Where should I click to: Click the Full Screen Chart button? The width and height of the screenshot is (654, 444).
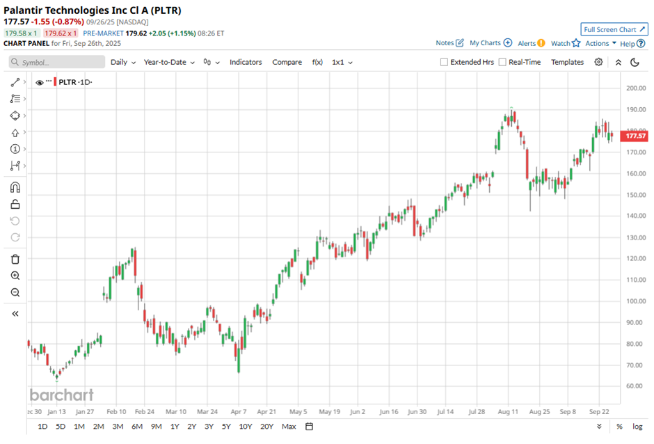(614, 29)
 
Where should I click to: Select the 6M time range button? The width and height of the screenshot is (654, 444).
(136, 426)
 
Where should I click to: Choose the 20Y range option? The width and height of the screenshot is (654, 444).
(267, 426)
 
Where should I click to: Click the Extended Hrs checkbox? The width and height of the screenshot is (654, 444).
(445, 62)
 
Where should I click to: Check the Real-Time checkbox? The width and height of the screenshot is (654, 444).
(502, 62)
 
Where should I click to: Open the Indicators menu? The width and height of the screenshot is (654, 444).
(246, 62)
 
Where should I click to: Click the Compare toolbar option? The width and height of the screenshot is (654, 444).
(287, 62)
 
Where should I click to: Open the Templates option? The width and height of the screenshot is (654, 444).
(567, 62)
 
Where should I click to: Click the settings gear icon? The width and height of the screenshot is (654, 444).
(598, 62)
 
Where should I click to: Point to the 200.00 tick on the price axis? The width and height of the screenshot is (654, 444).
(636, 88)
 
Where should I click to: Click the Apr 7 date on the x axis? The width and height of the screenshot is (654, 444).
(238, 411)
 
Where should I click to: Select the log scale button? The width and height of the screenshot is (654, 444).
(637, 426)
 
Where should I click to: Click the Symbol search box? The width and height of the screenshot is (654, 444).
(56, 62)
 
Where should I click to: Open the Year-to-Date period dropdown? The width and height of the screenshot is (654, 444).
(169, 62)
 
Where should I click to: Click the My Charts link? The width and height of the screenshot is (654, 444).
(490, 43)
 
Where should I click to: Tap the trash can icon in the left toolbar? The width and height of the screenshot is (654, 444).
(15, 259)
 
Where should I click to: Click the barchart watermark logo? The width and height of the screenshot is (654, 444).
(61, 395)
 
